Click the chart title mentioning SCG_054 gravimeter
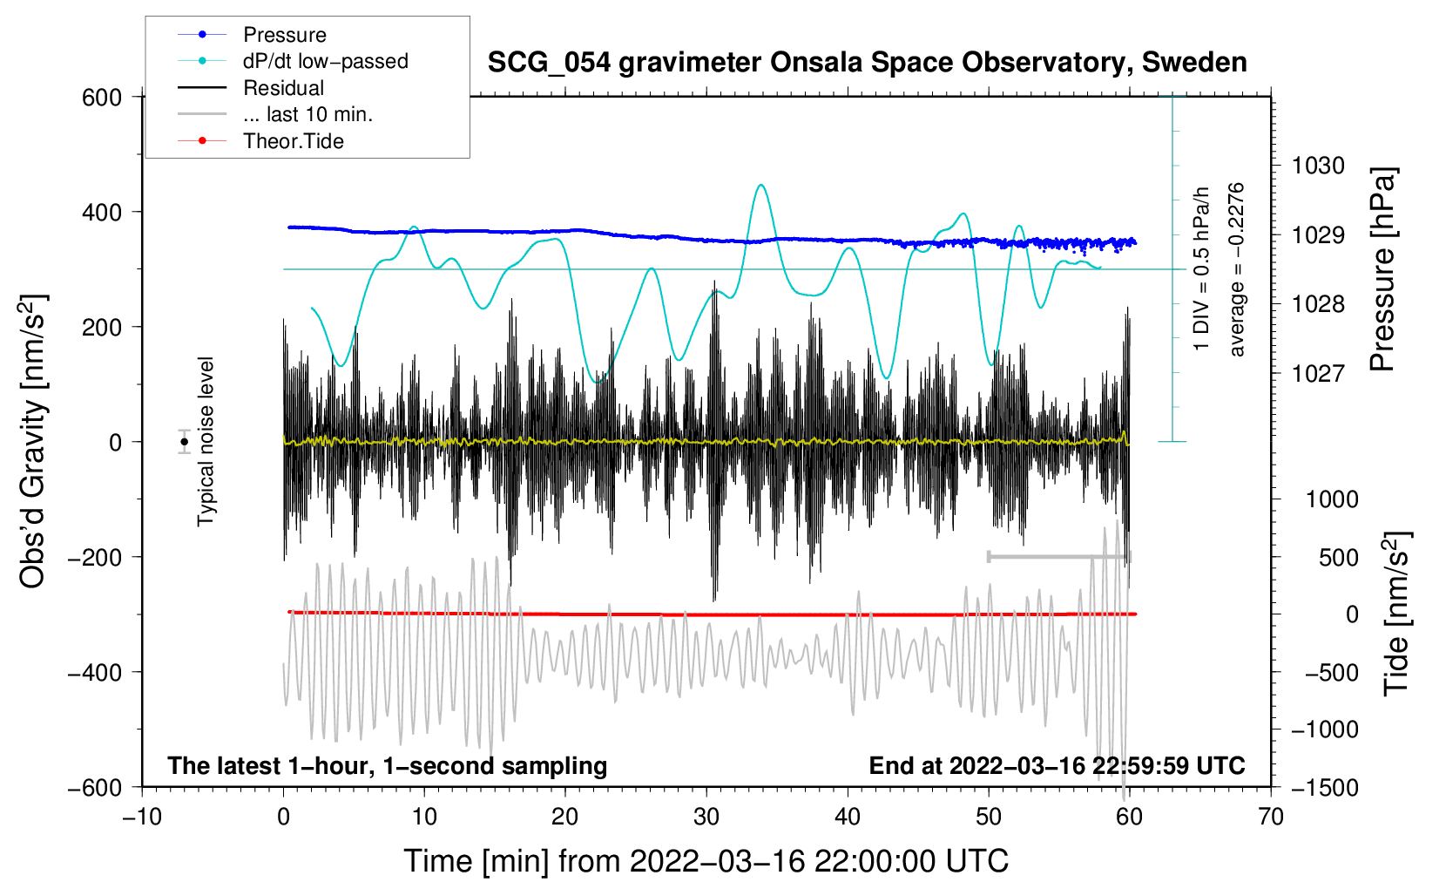[x=867, y=63]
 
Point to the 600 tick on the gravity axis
[x=102, y=98]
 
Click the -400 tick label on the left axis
[x=95, y=673]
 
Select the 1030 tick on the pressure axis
[x=1318, y=166]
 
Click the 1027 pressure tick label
[x=1318, y=373]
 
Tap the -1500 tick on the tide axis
[x=1325, y=788]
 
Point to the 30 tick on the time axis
[x=706, y=818]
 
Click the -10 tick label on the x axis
[x=142, y=818]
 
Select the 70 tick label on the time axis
[x=1270, y=818]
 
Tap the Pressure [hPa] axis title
[x=1382, y=269]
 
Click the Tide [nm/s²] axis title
[x=1397, y=614]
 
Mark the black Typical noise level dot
[x=185, y=442]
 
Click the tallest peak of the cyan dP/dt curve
[x=761, y=185]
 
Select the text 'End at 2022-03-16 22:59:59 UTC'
[x=1057, y=765]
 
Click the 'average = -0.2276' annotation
[x=1235, y=269]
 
